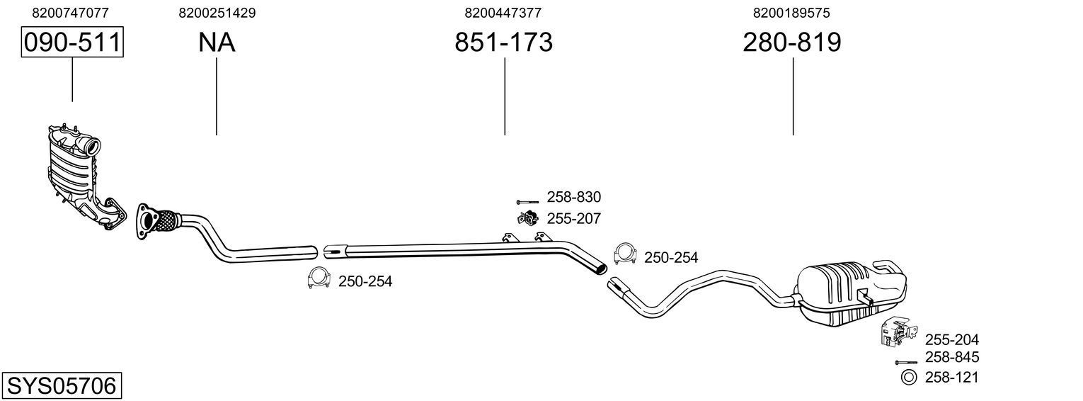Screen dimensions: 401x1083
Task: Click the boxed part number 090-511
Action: (x=71, y=43)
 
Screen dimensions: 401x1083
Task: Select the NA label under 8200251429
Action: (x=217, y=43)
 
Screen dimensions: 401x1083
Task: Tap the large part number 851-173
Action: (x=503, y=43)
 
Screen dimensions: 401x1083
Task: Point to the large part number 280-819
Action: (x=792, y=43)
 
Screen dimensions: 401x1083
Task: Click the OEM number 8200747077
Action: (x=71, y=13)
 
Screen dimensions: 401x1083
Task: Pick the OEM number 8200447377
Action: (x=503, y=13)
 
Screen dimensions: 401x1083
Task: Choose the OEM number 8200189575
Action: (x=792, y=13)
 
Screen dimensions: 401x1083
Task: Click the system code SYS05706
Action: (x=61, y=386)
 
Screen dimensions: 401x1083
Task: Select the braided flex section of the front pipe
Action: (x=166, y=219)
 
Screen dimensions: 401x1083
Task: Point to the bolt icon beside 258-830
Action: (x=527, y=202)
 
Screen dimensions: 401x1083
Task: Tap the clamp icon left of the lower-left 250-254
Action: (x=319, y=279)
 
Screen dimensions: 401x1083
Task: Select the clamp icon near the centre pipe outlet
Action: (x=624, y=253)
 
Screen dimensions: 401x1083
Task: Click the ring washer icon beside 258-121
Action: (x=908, y=378)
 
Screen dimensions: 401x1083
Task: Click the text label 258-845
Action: (x=951, y=358)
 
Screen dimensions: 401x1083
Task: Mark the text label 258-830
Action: (x=573, y=198)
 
